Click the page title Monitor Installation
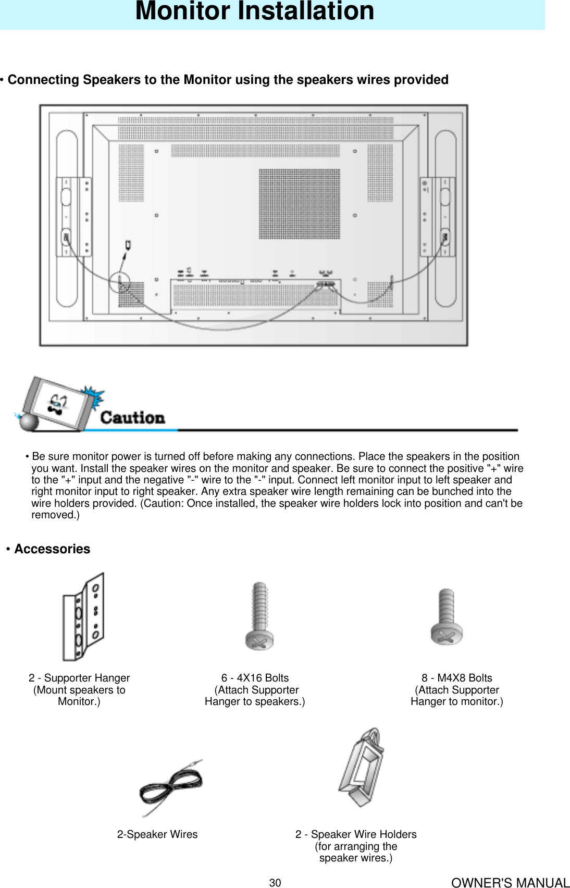click(x=254, y=11)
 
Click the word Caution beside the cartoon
click(x=132, y=417)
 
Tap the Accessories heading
click(x=52, y=549)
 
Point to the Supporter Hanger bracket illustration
click(x=83, y=617)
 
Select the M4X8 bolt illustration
click(x=447, y=617)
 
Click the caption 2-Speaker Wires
click(x=157, y=834)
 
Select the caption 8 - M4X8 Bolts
click(x=456, y=678)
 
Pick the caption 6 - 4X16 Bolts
click(x=255, y=678)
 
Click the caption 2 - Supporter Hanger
click(x=79, y=678)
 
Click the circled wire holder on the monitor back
click(x=120, y=282)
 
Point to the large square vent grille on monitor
click(x=299, y=204)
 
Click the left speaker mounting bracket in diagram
click(x=73, y=216)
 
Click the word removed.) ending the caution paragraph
click(x=55, y=515)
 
